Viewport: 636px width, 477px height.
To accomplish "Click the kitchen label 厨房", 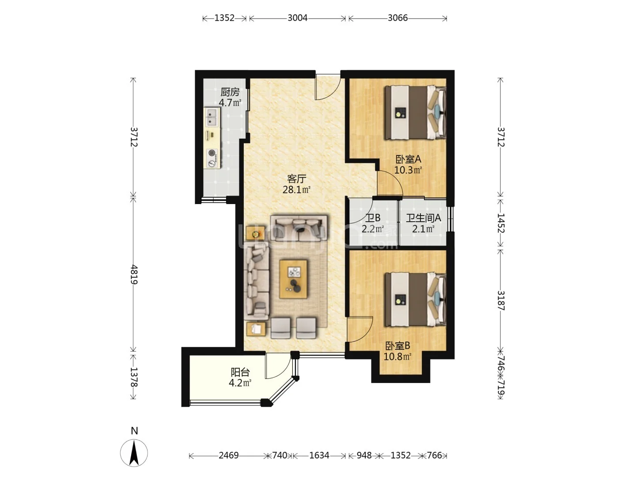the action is (230, 92).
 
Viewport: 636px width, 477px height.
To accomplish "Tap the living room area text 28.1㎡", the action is (296, 190).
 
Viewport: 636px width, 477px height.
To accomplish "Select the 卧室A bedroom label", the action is (408, 159).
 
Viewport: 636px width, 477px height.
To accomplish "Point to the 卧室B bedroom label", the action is (397, 345).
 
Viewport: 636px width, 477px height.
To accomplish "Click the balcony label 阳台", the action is (240, 372).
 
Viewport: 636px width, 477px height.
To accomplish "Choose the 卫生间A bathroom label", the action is (423, 218).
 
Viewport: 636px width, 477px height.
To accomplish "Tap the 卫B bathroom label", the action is (373, 218).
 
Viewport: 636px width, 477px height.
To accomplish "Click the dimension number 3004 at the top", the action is (297, 18).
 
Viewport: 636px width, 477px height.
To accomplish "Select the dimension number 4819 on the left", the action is (133, 274).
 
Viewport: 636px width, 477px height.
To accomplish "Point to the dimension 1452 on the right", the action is (501, 223).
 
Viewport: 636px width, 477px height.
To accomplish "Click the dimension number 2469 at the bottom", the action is (228, 455).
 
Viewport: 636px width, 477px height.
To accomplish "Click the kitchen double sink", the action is (212, 117).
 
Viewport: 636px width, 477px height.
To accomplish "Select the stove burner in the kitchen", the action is (212, 159).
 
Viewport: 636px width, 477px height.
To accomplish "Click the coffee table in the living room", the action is (293, 279).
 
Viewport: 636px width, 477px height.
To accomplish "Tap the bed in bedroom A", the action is (415, 113).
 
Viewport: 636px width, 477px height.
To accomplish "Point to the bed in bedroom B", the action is (415, 299).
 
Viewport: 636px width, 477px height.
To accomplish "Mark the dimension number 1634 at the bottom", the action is (319, 455).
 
